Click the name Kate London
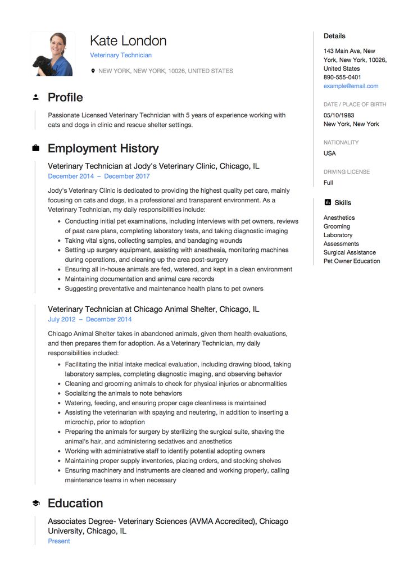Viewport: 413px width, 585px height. pos(128,41)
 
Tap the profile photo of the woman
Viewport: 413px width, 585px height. pos(52,54)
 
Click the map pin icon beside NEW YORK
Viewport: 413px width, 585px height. pos(93,71)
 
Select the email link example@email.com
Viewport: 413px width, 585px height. pos(351,86)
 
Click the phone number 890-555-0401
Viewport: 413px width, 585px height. pos(342,77)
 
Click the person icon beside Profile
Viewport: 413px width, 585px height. pos(36,97)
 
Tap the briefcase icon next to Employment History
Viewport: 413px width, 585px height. pos(36,148)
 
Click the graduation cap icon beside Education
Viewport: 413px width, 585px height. pos(36,503)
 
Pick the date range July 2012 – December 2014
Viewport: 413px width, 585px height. pos(90,319)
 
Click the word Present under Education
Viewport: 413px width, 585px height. pos(59,541)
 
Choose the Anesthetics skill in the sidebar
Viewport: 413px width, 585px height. pos(339,217)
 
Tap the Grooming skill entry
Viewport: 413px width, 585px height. pos(337,226)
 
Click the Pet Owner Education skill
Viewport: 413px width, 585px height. pos(352,261)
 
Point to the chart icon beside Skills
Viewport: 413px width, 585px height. pos(328,202)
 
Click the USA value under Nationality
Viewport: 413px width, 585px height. pos(330,153)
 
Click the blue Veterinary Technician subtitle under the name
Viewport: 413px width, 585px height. pos(121,55)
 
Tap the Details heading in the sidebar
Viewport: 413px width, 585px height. pos(334,36)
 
